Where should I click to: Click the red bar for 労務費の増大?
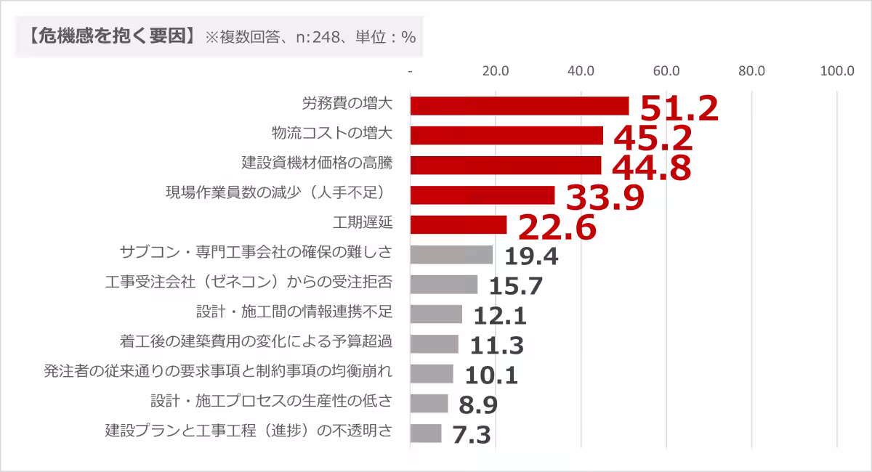(519, 106)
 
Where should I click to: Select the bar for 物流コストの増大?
(506, 136)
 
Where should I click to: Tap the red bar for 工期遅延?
(458, 225)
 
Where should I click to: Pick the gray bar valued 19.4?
(451, 255)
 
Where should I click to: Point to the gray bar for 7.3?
(426, 434)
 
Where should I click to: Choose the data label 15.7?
(516, 286)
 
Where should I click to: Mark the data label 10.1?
(491, 375)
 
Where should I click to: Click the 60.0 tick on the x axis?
(666, 71)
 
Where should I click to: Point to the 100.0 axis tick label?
(836, 71)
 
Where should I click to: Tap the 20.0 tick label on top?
(496, 71)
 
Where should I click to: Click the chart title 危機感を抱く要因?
(110, 36)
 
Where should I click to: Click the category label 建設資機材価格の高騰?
(317, 163)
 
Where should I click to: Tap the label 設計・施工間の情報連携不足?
(294, 312)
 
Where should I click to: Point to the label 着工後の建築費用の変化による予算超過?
(256, 341)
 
